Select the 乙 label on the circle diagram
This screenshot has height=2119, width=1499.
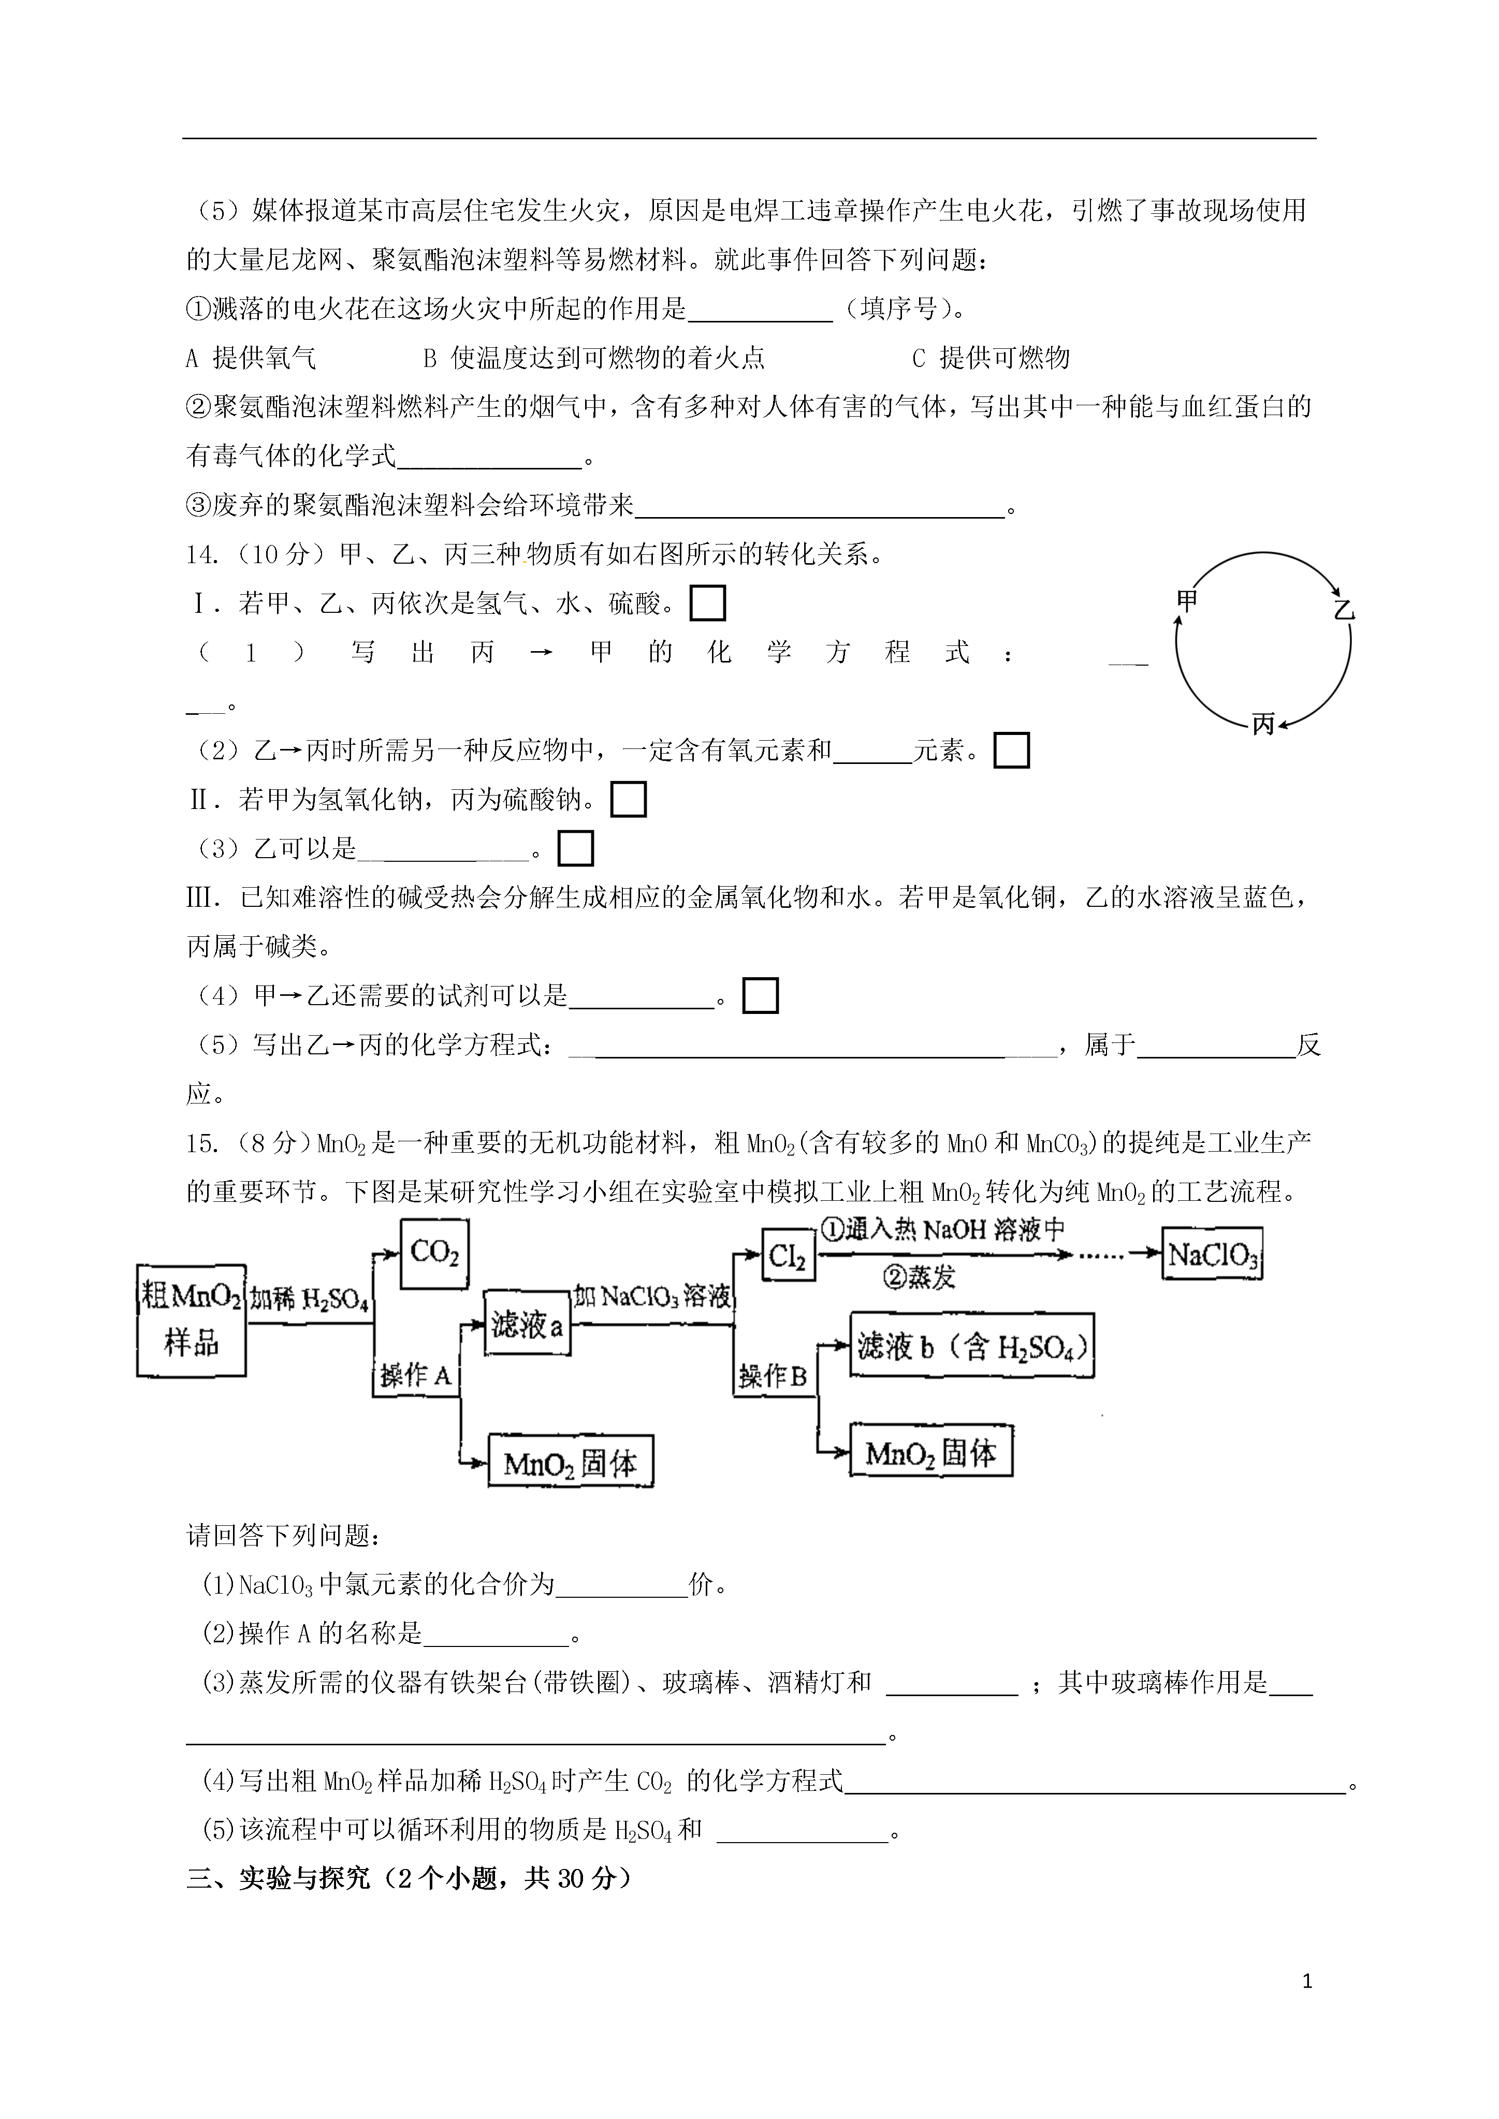point(1344,610)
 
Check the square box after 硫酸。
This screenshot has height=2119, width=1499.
point(707,604)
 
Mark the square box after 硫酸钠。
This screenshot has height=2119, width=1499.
point(629,799)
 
